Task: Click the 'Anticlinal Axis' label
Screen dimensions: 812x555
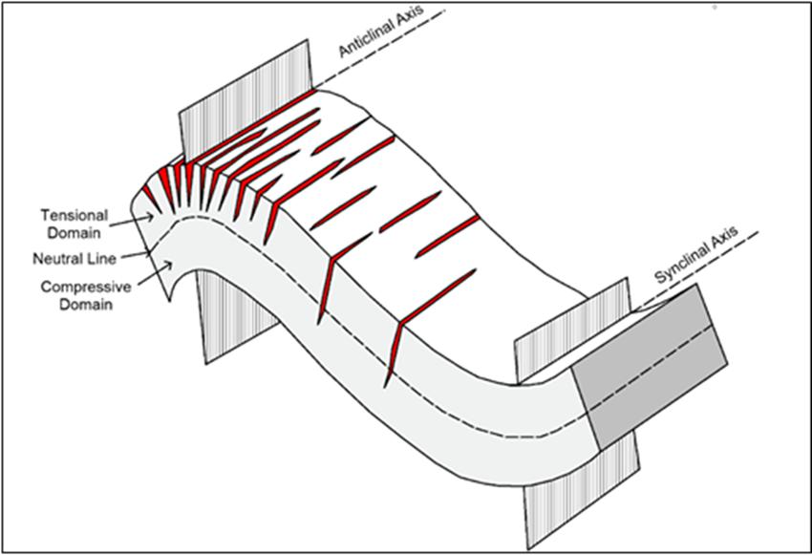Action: [x=382, y=31]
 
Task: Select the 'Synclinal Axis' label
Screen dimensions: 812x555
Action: [x=697, y=255]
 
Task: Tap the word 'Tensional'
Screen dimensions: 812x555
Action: [x=75, y=215]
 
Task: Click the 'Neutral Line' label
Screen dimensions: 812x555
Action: [x=75, y=258]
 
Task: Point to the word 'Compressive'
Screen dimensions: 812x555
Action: [x=86, y=287]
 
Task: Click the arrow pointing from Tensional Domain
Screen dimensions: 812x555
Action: [x=132, y=221]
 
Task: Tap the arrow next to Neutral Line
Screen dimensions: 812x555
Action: [x=136, y=255]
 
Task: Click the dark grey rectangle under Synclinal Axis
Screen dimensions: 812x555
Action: [x=650, y=367]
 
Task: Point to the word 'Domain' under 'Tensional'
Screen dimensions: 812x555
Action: [x=75, y=233]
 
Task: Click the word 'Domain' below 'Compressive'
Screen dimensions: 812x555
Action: [x=86, y=304]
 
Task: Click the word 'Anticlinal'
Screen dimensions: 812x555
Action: [x=370, y=38]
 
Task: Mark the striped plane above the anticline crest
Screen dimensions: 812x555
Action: [x=246, y=98]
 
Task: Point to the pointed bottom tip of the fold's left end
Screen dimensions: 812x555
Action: [x=169, y=301]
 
